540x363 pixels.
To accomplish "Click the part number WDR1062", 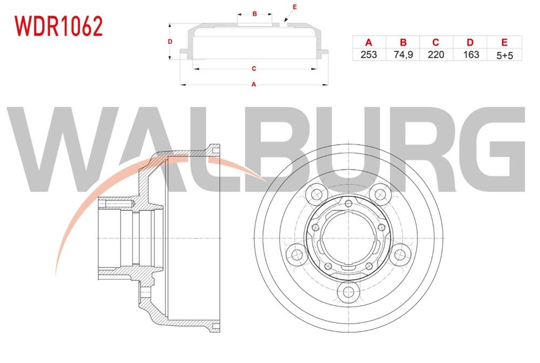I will pyautogui.click(x=58, y=25).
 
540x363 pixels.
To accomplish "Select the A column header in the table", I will pyautogui.click(x=369, y=42).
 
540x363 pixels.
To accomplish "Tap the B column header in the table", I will pyautogui.click(x=403, y=42).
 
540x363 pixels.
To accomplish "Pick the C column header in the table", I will pyautogui.click(x=436, y=42).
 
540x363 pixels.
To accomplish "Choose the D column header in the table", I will pyautogui.click(x=470, y=42).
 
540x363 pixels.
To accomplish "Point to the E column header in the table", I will pyautogui.click(x=504, y=42).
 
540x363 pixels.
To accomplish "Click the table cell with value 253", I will pyautogui.click(x=369, y=54).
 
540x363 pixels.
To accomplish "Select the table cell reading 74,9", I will pyautogui.click(x=403, y=54).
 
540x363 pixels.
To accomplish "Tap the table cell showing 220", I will pyautogui.click(x=436, y=54).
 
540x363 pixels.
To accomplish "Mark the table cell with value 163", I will pyautogui.click(x=470, y=54).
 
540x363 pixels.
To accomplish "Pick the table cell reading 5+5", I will pyautogui.click(x=504, y=54).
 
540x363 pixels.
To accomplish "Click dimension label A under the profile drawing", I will pyautogui.click(x=254, y=84).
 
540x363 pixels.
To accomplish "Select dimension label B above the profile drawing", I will pyautogui.click(x=254, y=14).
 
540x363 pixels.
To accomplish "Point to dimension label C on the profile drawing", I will pyautogui.click(x=253, y=69).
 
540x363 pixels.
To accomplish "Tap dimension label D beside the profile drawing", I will pyautogui.click(x=170, y=42).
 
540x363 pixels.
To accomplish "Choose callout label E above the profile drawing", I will pyautogui.click(x=294, y=7).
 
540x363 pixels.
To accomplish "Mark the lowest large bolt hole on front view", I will pyautogui.click(x=347, y=293).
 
